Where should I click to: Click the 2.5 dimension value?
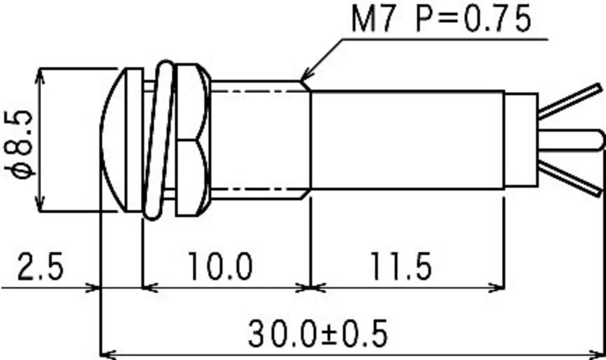40,267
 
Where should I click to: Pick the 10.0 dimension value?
219,267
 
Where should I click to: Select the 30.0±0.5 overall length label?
317,333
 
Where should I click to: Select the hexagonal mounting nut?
192,141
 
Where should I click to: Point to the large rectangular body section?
406,141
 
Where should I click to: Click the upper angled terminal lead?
570,101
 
